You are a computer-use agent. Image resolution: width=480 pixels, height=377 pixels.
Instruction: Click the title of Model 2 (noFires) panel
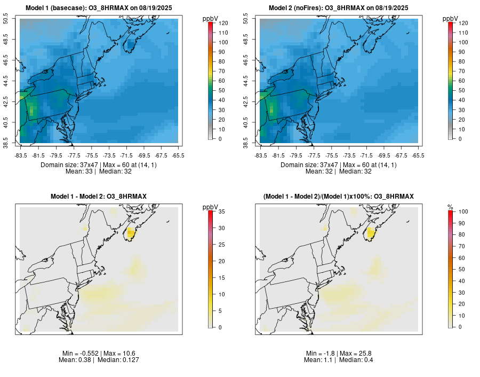(x=338, y=8)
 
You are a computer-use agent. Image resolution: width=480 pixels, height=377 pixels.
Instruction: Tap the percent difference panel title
(x=338, y=197)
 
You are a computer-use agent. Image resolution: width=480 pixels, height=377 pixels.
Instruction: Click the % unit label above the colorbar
(x=450, y=207)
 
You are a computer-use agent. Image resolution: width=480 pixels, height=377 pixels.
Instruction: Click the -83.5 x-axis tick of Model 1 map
(x=21, y=155)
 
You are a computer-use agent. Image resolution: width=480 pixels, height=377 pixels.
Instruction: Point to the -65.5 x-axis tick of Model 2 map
(x=418, y=155)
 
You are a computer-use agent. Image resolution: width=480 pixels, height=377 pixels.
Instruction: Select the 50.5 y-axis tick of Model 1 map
(x=6, y=19)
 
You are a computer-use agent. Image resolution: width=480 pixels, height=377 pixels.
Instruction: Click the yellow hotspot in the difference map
(x=131, y=232)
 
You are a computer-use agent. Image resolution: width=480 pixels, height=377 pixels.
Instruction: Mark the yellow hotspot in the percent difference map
(x=371, y=232)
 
